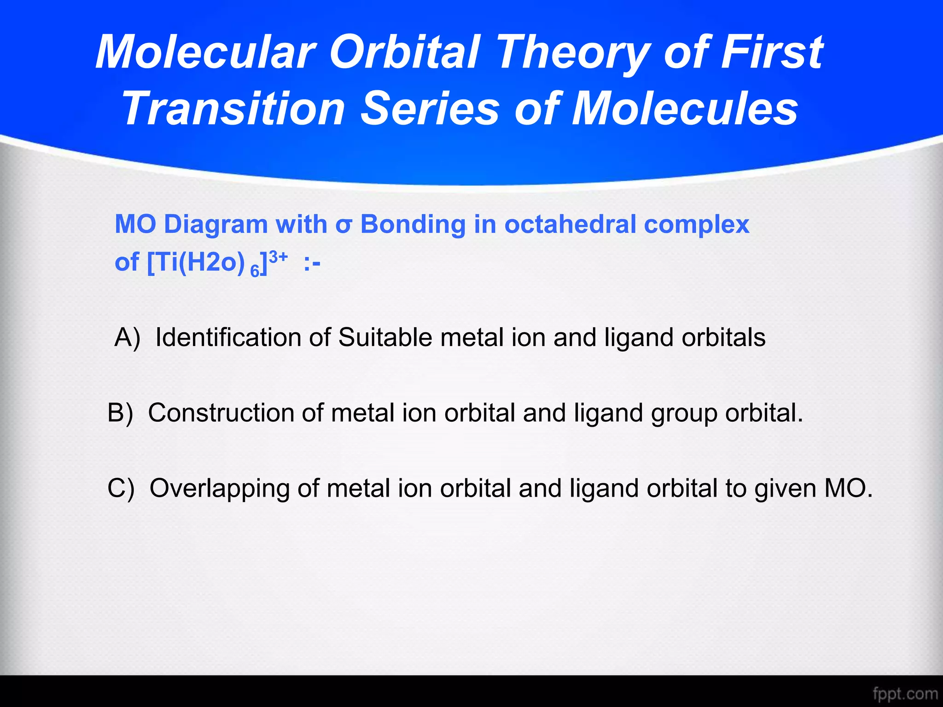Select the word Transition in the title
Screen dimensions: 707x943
coord(233,109)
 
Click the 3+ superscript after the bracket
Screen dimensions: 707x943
coord(278,257)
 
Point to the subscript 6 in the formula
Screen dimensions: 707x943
coord(255,272)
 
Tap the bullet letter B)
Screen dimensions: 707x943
coord(120,413)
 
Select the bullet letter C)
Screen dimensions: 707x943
coord(121,488)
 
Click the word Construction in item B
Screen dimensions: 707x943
coord(221,413)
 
